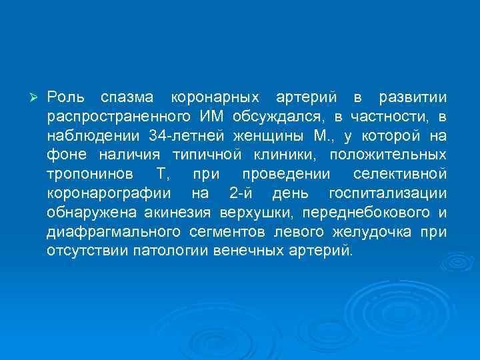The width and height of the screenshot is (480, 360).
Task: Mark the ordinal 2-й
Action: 240,194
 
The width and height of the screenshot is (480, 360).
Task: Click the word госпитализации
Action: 387,194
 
